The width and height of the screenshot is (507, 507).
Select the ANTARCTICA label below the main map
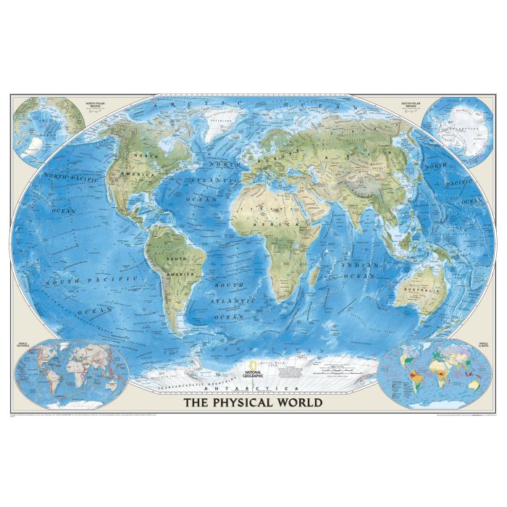point(253,390)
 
